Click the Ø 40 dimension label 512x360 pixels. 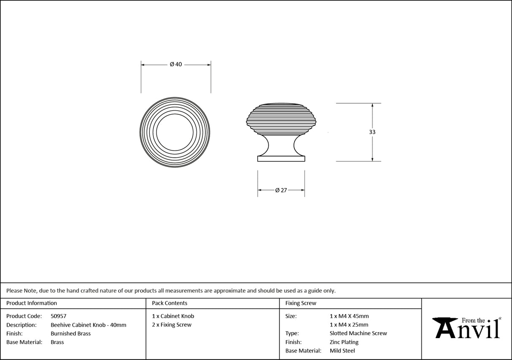point(175,64)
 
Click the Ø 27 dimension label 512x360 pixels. point(281,190)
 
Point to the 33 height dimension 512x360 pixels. point(372,132)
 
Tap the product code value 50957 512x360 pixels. point(58,316)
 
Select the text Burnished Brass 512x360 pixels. point(70,333)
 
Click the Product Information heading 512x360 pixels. point(32,303)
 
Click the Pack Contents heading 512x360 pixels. point(170,303)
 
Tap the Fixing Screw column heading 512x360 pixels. point(301,303)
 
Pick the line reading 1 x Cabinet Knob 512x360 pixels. point(173,316)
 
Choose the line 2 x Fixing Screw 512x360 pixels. point(172,325)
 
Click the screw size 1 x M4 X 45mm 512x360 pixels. point(349,316)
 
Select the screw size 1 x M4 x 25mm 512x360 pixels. point(349,325)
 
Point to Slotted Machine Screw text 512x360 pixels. point(358,333)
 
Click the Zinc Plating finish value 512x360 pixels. point(344,342)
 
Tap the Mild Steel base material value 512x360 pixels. point(342,351)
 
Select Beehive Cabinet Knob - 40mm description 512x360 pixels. point(88,325)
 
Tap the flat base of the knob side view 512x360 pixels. point(281,159)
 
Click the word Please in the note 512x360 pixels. point(14,290)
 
